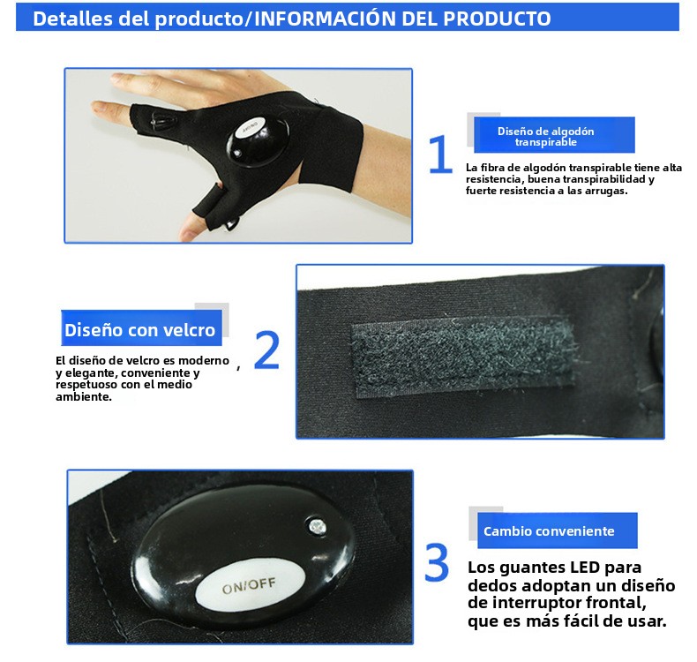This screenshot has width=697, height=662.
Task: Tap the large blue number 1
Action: click(440, 154)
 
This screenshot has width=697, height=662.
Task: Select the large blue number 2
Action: click(266, 350)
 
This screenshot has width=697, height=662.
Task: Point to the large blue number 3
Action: click(437, 562)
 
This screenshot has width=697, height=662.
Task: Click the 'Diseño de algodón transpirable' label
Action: click(554, 135)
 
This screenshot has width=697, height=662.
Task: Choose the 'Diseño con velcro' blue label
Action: click(141, 328)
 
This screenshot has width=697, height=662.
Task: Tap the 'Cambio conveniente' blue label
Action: click(558, 530)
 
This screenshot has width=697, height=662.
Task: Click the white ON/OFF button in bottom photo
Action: click(251, 585)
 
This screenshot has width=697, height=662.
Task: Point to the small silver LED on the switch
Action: click(317, 527)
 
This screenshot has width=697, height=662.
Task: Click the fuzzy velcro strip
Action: click(464, 356)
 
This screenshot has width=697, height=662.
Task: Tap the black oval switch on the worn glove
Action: click(258, 140)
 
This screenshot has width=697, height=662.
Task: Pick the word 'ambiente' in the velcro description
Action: click(84, 397)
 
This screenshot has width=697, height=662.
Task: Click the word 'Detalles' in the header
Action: click(73, 19)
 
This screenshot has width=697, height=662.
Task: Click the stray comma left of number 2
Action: click(239, 368)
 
